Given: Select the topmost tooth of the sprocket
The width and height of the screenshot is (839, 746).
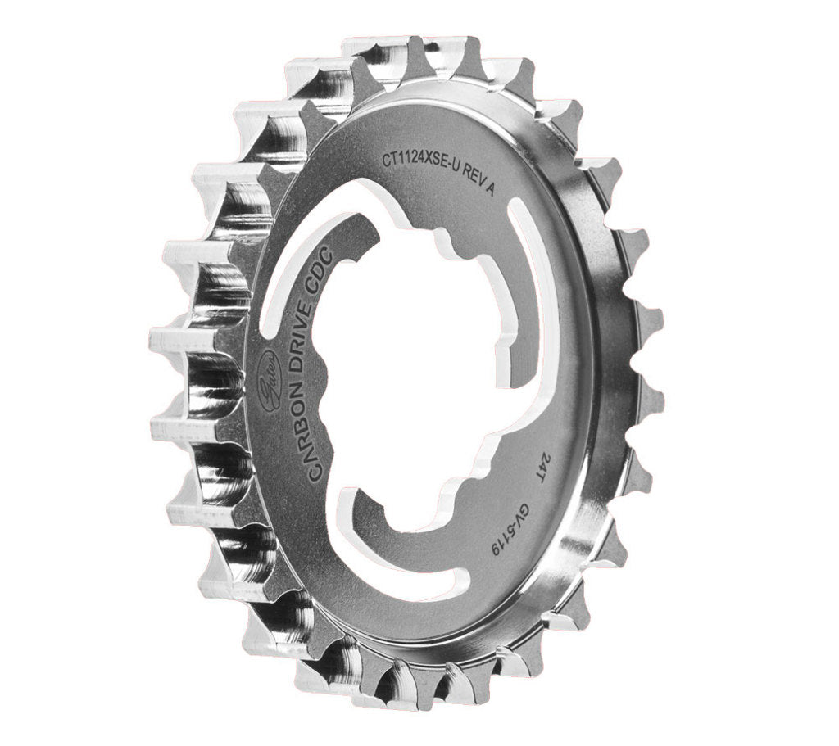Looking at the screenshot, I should pos(381,49).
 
